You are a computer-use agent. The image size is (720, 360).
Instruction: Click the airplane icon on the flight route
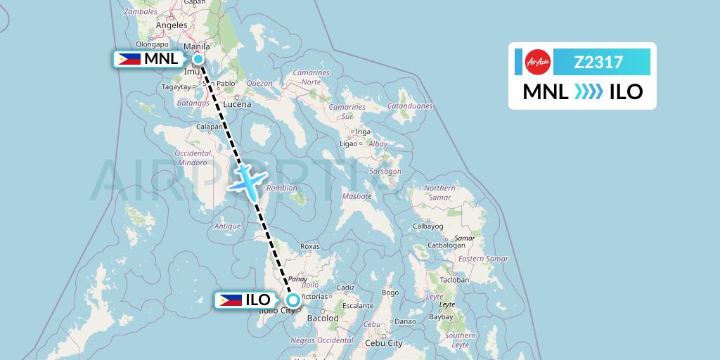pos(247,181)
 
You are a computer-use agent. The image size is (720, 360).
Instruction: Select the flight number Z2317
pos(598,63)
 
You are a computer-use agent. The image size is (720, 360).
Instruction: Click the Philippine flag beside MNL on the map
pos(128,59)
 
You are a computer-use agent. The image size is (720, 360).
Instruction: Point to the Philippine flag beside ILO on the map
pos(231,300)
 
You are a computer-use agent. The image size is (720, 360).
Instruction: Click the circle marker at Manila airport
pos(198,59)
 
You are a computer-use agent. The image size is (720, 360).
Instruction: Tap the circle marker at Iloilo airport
pos(292,300)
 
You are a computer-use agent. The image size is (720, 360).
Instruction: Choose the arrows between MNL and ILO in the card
pos(589,91)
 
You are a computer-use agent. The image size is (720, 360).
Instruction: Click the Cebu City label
pos(383,343)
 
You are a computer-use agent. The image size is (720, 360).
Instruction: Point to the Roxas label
pos(310,247)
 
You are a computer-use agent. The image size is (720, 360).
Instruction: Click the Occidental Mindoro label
pos(193,157)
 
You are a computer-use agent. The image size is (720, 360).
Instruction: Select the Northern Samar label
pos(439,193)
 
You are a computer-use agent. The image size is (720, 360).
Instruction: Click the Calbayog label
pos(427,226)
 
